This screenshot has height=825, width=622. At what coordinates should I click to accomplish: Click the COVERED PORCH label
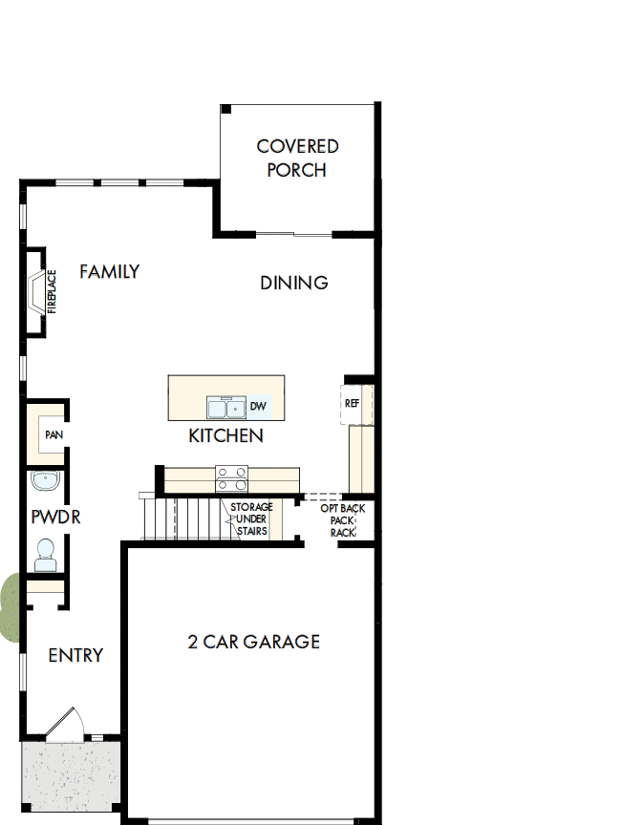tap(297, 159)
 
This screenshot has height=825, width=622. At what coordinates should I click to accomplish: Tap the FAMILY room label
tap(109, 272)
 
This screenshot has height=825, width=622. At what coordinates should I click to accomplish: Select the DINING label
tap(294, 283)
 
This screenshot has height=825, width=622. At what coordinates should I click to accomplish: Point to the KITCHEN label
tap(225, 436)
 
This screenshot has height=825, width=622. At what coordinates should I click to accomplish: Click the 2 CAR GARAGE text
tap(253, 642)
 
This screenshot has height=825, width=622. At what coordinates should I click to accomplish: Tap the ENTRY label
tap(75, 656)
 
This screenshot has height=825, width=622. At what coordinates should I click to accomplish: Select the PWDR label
tap(55, 518)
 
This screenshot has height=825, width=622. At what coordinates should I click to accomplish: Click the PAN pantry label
tap(53, 434)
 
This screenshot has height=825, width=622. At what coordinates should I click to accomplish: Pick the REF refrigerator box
tap(353, 404)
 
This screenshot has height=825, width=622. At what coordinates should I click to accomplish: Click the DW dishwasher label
tap(257, 407)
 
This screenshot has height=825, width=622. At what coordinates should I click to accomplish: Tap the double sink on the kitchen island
tap(225, 408)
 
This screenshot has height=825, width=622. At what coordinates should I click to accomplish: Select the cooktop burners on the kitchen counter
tap(232, 476)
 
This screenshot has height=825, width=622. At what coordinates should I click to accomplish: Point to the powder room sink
tap(44, 480)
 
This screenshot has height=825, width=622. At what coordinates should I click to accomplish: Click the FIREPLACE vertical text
tap(53, 291)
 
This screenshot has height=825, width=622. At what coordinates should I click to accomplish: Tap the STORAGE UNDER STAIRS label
tap(251, 519)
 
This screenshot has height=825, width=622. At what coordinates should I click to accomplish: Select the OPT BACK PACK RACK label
tap(342, 520)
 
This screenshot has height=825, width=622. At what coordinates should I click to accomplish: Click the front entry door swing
tap(64, 725)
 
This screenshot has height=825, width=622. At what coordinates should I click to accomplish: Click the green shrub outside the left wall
tap(9, 606)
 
